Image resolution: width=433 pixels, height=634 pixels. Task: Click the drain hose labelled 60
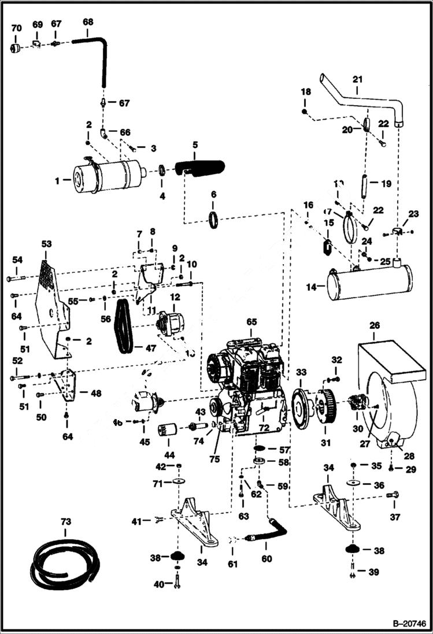[268, 531]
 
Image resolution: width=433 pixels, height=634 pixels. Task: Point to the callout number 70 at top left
[16, 27]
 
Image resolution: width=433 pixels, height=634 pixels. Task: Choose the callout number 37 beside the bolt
[395, 517]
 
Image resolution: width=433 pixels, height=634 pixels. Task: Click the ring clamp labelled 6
[213, 219]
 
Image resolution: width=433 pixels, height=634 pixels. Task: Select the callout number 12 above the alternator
[175, 296]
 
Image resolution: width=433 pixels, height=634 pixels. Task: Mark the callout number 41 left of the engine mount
[136, 522]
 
